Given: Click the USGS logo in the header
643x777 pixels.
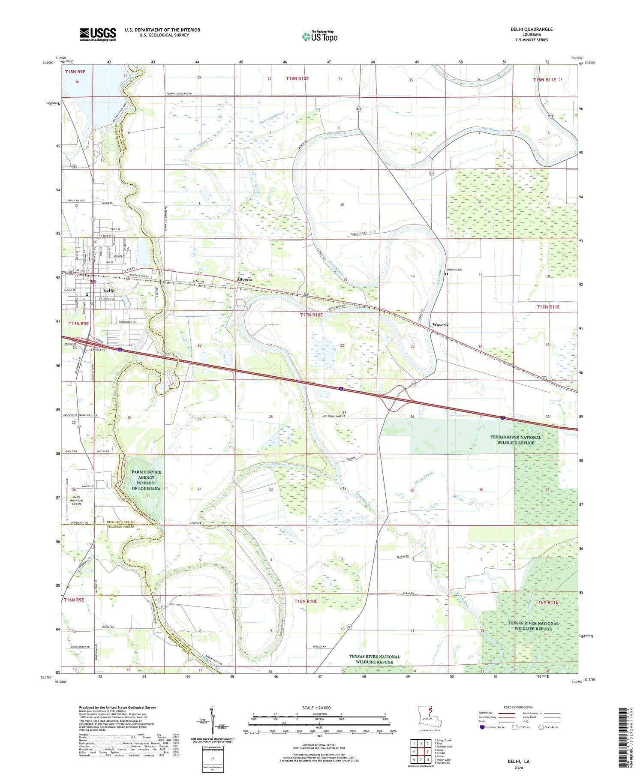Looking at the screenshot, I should [98, 34].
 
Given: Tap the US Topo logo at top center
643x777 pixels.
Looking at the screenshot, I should [320, 36].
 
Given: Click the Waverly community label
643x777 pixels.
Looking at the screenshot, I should [440, 325].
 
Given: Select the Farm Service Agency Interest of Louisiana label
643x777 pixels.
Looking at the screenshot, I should [146, 480].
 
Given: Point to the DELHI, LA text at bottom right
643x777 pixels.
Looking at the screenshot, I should [518, 761].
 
